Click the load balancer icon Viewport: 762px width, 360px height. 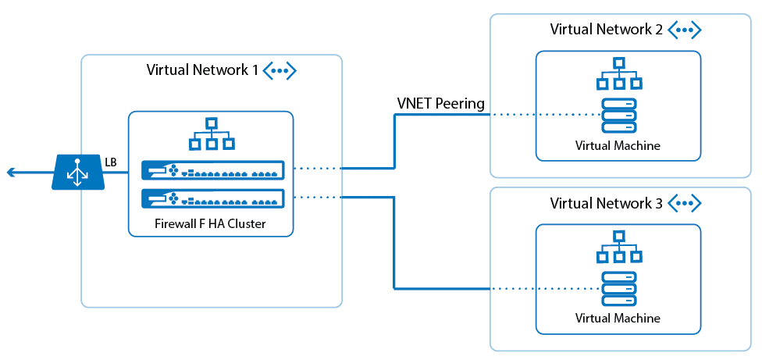tap(78, 172)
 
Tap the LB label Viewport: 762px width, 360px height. tap(112, 162)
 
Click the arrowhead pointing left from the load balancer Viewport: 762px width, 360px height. tap(10, 173)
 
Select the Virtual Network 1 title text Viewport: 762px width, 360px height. tap(202, 70)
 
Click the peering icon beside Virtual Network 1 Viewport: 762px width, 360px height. tap(280, 70)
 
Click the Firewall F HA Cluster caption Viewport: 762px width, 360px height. tap(211, 225)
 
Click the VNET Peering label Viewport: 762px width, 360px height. tap(440, 103)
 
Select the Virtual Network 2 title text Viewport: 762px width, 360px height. tap(606, 30)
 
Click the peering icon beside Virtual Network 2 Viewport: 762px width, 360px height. tap(684, 30)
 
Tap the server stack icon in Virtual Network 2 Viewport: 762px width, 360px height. tap(618, 115)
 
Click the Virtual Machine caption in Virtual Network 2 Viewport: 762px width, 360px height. tap(618, 145)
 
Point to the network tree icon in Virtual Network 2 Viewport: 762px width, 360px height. tap(618, 74)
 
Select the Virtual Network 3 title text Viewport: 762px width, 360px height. tap(606, 204)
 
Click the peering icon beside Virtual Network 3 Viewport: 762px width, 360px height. tap(684, 204)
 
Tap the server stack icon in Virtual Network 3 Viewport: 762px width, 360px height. tap(618, 288)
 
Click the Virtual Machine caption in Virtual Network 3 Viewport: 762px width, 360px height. tap(618, 319)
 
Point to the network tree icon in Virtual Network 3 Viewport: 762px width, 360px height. tap(618, 248)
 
